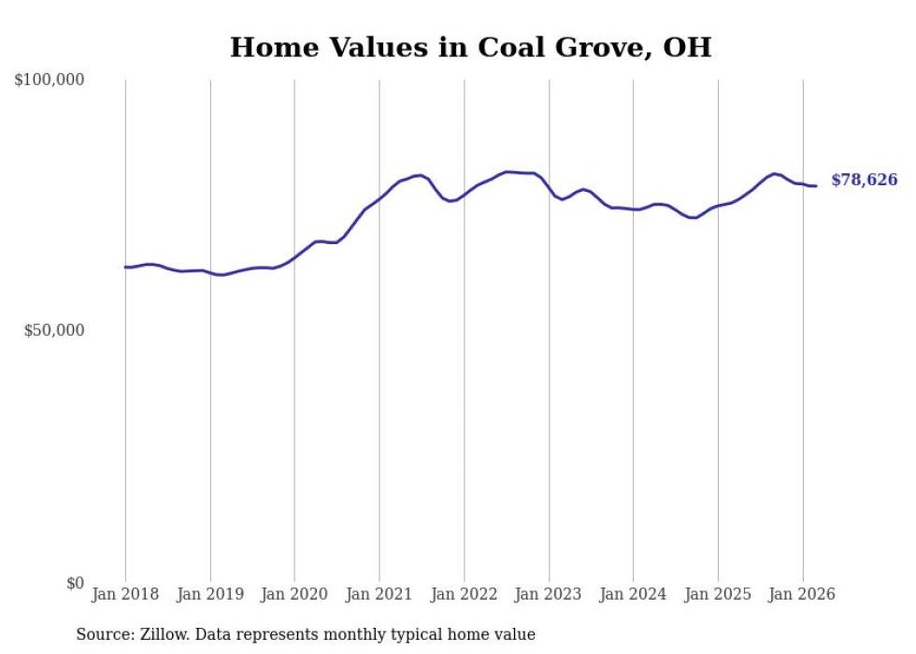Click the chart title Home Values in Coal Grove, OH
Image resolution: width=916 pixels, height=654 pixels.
tap(470, 48)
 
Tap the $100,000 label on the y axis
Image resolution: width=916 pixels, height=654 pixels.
tap(50, 80)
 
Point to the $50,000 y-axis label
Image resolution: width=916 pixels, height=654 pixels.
tap(54, 330)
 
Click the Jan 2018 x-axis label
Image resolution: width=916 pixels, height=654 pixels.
tap(125, 594)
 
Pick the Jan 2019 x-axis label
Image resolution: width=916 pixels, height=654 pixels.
tap(210, 594)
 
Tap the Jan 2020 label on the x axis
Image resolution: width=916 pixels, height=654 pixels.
tap(294, 594)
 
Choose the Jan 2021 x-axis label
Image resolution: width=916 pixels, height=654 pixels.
tap(379, 594)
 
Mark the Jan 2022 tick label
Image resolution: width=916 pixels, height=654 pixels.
tap(464, 594)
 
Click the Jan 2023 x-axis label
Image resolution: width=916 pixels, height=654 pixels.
tap(549, 594)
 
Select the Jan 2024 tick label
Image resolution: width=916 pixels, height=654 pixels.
tap(633, 594)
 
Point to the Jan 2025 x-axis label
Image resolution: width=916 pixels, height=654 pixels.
tap(718, 594)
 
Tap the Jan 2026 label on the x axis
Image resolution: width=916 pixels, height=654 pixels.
tap(802, 594)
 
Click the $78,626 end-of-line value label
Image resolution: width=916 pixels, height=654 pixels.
tap(864, 180)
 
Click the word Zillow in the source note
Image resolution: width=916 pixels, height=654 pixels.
tap(165, 634)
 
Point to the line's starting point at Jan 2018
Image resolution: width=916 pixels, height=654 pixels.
tap(125, 267)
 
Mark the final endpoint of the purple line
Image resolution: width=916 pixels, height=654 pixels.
tap(816, 185)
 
